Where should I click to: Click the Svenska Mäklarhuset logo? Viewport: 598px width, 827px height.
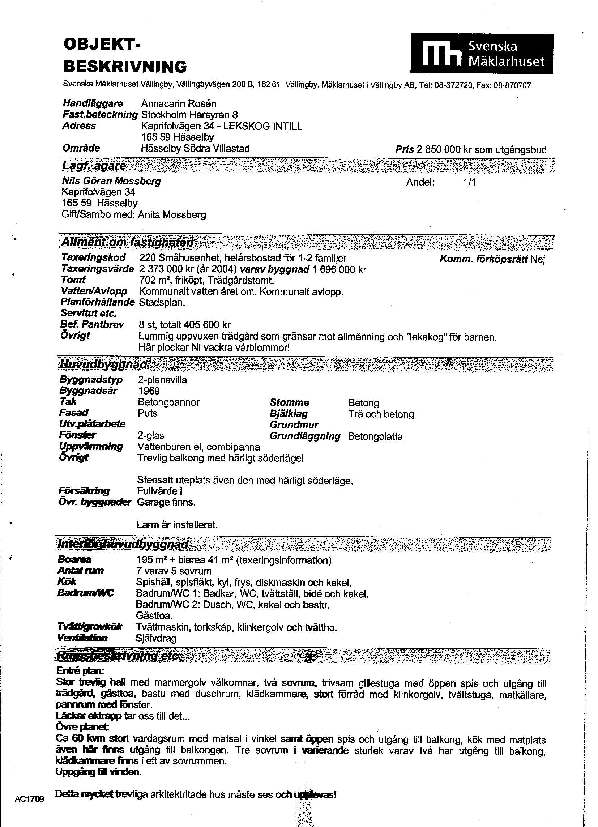481,53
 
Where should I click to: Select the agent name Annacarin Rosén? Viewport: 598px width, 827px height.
178,103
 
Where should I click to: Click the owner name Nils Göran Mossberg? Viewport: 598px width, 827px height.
111,181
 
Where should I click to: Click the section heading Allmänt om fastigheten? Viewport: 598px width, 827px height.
127,243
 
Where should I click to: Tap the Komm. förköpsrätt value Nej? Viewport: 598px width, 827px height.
538,259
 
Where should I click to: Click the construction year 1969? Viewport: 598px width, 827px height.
149,391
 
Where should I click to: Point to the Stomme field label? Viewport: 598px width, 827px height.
289,402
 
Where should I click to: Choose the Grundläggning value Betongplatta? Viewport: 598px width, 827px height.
375,436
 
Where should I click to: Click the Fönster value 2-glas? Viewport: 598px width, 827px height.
151,435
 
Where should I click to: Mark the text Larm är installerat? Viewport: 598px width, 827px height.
177,525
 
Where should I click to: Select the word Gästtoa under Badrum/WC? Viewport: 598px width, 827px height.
154,616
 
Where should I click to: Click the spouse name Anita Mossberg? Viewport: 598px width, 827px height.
172,214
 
